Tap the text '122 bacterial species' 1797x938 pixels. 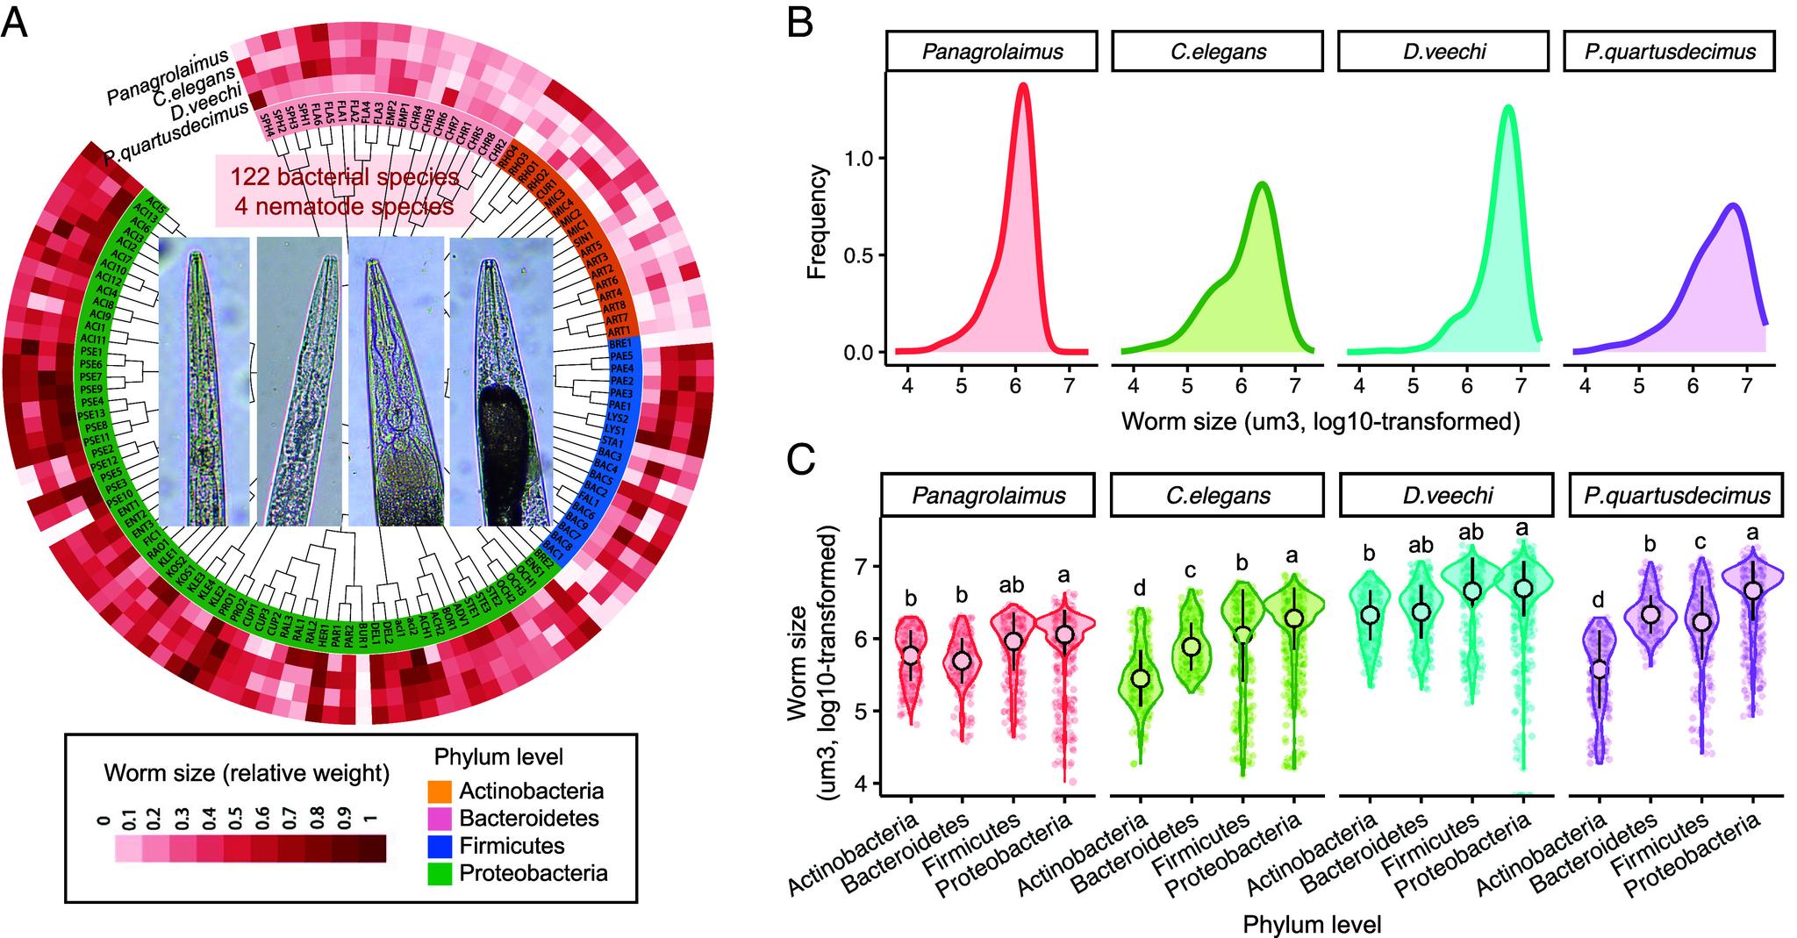(x=345, y=177)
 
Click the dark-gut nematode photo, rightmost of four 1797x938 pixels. (x=500, y=382)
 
